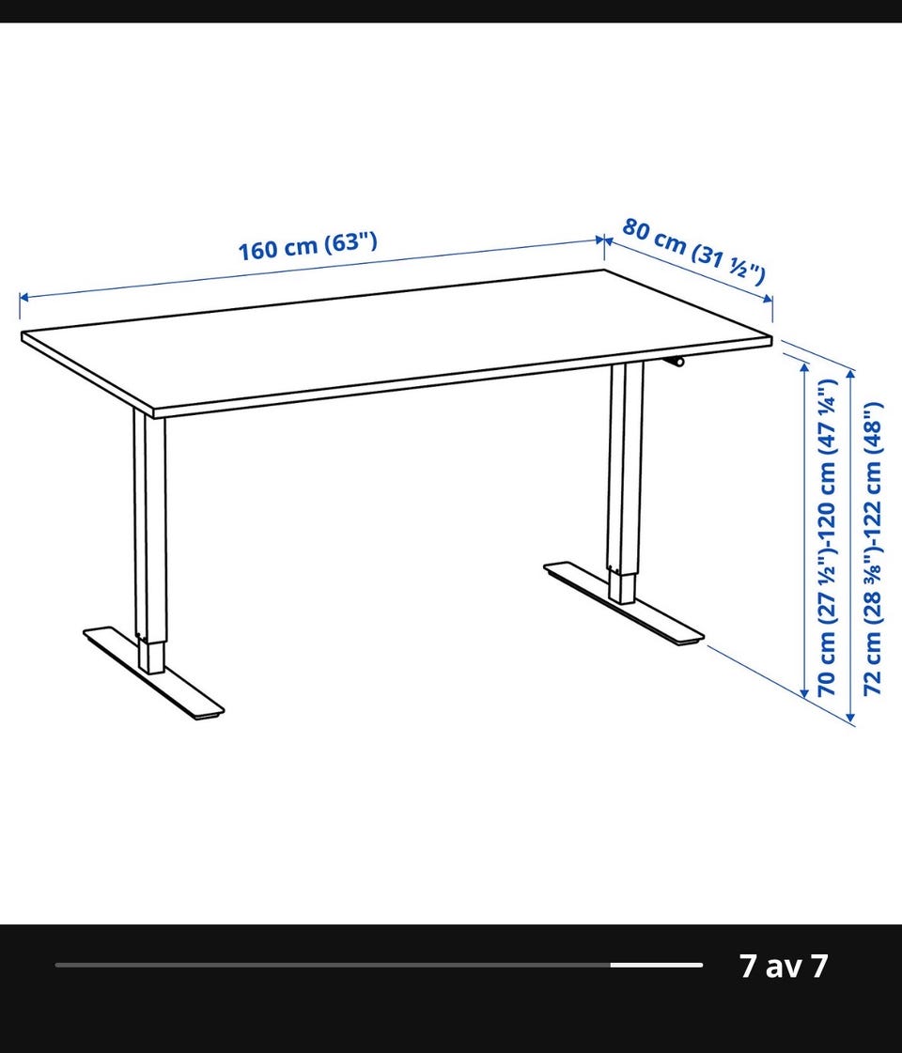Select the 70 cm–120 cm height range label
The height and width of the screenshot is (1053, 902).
tap(826, 538)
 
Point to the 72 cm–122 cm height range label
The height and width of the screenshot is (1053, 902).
tap(872, 549)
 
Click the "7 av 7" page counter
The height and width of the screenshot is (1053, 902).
tap(784, 966)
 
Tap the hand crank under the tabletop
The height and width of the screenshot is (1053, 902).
tap(674, 362)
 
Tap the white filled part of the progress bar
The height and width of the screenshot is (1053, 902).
tap(656, 965)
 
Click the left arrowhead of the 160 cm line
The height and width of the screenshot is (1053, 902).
tap(23, 297)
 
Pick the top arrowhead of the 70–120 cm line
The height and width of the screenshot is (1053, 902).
tap(804, 366)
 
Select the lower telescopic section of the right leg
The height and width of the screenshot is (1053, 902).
tap(622, 588)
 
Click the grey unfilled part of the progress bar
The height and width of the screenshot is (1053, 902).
tap(333, 965)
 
